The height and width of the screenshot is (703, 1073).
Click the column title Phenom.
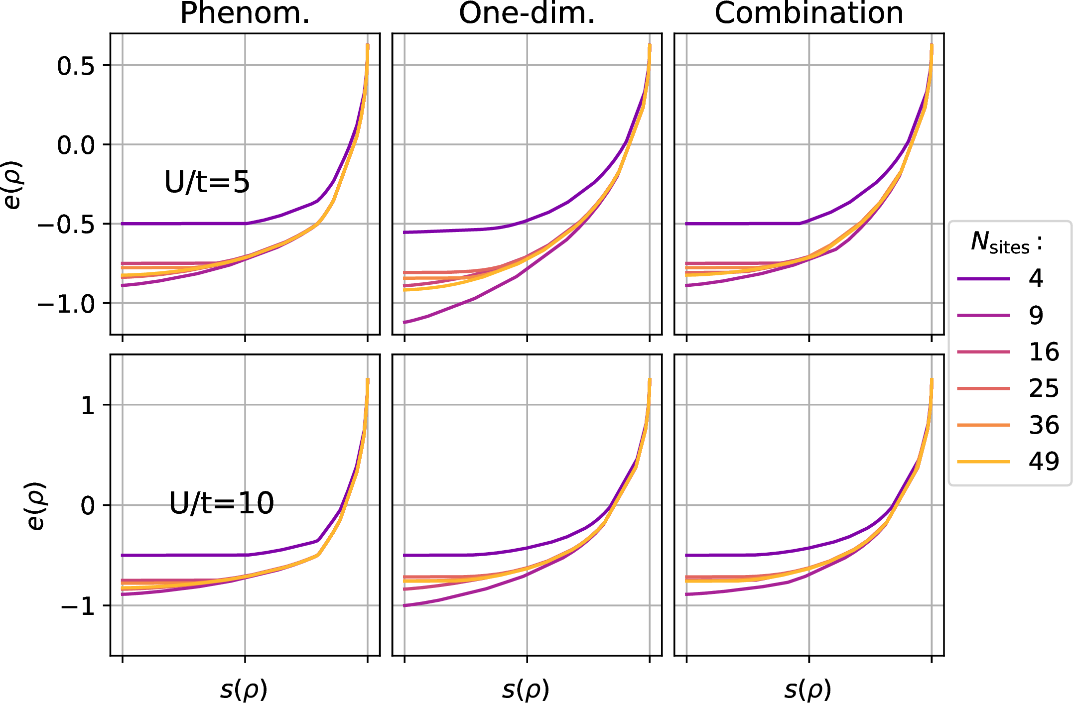(245, 13)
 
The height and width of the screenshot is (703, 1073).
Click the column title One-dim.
(527, 13)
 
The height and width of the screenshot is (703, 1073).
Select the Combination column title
(808, 13)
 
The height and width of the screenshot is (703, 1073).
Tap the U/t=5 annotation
(207, 182)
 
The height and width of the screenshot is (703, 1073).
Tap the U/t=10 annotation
(221, 503)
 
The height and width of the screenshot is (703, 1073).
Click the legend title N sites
(1006, 242)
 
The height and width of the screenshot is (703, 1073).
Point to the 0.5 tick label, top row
(76, 66)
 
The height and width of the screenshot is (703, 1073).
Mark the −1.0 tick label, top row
(66, 304)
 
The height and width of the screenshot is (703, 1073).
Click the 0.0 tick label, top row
(76, 145)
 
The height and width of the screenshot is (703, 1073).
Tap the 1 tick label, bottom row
(88, 405)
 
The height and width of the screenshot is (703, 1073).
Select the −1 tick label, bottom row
(78, 606)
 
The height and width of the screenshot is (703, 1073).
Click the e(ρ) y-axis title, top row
(12, 184)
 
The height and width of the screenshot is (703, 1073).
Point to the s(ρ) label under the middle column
(526, 690)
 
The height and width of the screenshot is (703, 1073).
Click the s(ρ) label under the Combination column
(807, 690)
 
